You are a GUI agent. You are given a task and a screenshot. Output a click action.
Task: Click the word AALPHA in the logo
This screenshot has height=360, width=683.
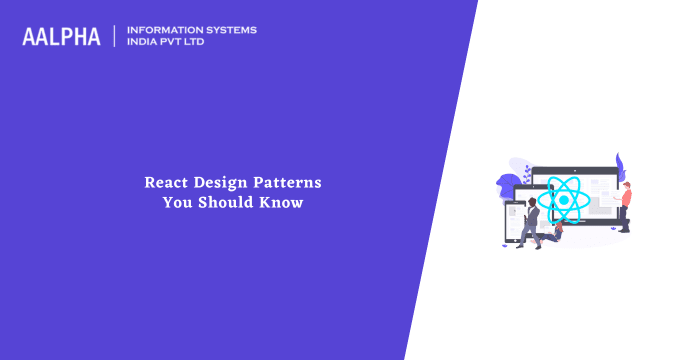(x=61, y=37)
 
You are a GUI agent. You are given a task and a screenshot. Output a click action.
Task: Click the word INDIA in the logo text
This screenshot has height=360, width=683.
(x=146, y=44)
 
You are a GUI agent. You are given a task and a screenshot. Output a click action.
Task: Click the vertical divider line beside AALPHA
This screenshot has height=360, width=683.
(x=115, y=37)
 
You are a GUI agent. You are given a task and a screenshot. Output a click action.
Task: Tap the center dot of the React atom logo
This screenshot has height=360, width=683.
(x=563, y=200)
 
